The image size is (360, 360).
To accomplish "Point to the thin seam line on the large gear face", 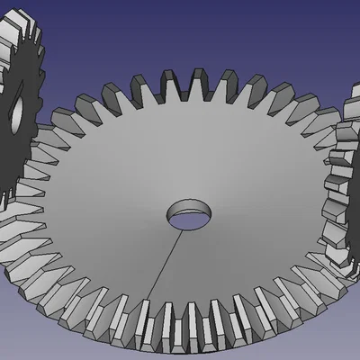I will click(165, 261).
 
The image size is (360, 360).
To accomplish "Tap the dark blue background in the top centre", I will click(180, 27).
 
